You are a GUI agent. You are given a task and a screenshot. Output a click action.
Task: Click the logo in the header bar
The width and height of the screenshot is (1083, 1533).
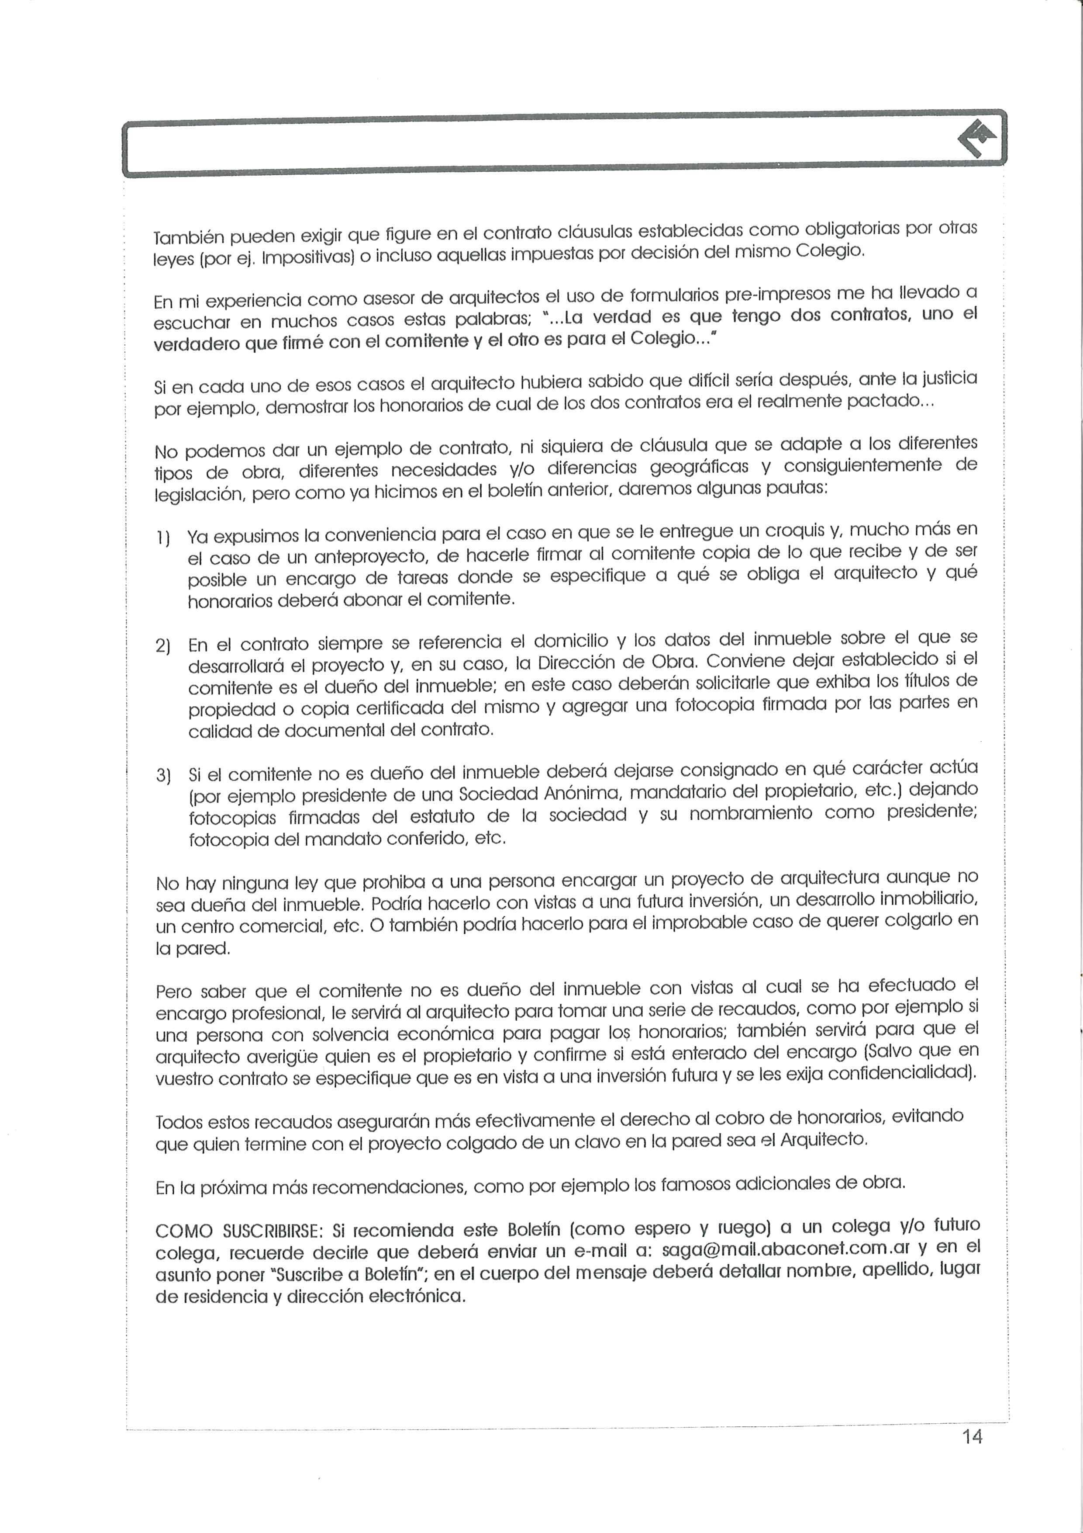[x=977, y=138]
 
